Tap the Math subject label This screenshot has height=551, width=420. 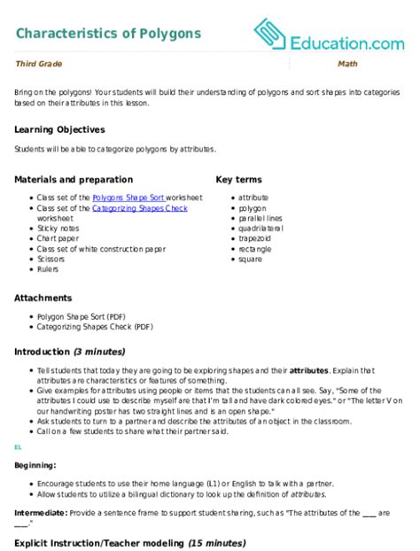346,65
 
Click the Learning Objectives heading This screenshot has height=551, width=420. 59,128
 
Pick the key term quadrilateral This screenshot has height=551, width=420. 256,226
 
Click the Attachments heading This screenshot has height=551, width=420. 44,299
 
